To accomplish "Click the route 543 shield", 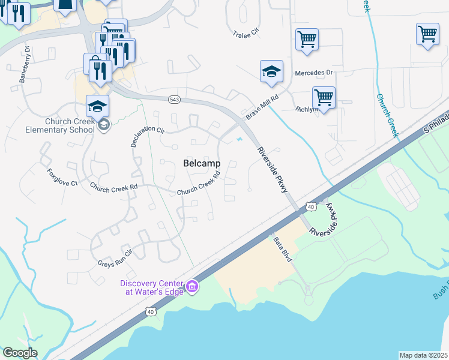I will click(x=174, y=100).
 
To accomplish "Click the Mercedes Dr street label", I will click(x=313, y=73).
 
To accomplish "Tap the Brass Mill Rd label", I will click(x=263, y=106).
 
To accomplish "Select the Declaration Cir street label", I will click(x=147, y=129).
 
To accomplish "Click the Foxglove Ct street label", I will click(x=62, y=176).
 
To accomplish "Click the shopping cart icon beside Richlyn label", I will click(x=324, y=97).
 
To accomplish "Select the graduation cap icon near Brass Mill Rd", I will click(x=271, y=71).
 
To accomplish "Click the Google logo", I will click(x=20, y=353).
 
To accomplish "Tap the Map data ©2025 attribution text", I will click(x=423, y=355).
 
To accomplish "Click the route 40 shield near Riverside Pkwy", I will click(x=310, y=206).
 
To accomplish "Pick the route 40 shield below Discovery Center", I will click(x=151, y=311).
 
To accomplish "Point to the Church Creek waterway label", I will click(x=388, y=114).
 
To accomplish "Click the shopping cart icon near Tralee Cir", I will click(x=307, y=40).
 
